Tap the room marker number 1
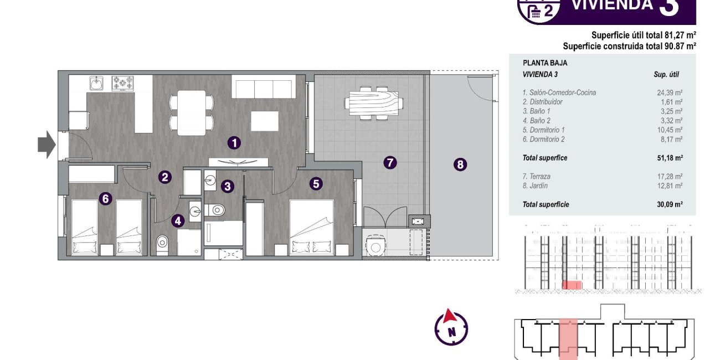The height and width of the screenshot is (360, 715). [x=234, y=143]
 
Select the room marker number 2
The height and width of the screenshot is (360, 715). [x=164, y=177]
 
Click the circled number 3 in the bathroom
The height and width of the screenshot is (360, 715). [x=227, y=186]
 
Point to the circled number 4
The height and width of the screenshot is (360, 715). [x=177, y=221]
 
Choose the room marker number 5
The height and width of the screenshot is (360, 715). [x=316, y=183]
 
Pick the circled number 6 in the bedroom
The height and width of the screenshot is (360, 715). [x=105, y=198]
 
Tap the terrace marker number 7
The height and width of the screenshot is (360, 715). [x=390, y=162]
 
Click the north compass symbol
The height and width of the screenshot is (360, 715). [x=451, y=327]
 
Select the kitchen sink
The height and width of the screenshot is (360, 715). [x=96, y=84]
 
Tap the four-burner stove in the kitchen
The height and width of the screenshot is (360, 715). [x=123, y=83]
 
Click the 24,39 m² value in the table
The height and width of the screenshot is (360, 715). [x=669, y=93]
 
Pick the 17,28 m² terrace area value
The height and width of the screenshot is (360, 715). [x=669, y=177]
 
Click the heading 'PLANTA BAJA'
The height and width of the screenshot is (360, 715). [x=545, y=63]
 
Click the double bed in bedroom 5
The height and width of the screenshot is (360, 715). [x=311, y=227]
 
